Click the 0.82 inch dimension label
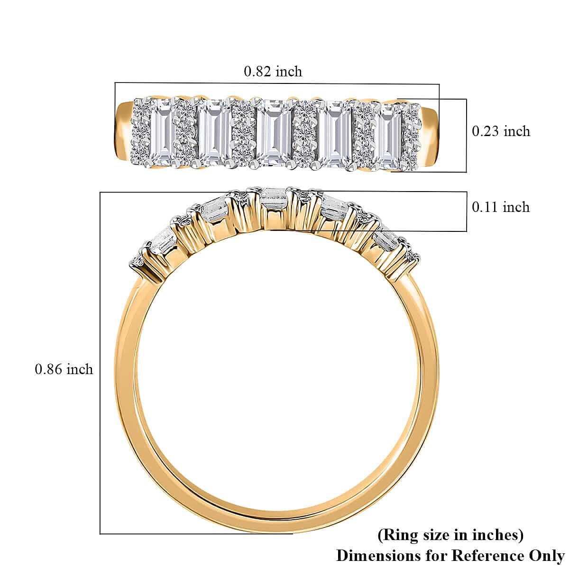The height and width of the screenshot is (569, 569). tap(273, 72)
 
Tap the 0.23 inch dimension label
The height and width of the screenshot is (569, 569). tap(501, 131)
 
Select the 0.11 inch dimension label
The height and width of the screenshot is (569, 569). tap(501, 207)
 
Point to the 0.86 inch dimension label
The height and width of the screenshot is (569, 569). tap(64, 369)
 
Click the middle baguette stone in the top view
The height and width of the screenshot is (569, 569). tap(274, 133)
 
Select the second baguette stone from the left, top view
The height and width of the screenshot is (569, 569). tap(214, 133)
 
